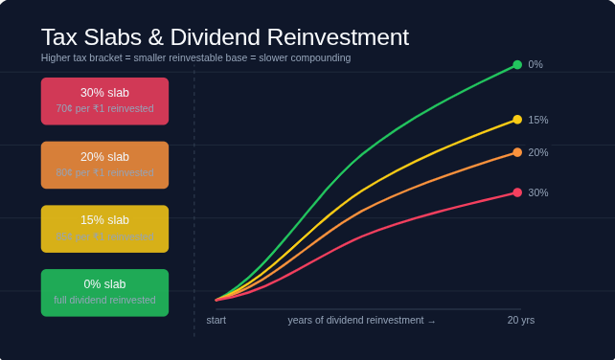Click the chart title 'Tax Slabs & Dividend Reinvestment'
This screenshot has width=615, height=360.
pos(224,37)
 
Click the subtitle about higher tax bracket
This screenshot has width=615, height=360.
pos(195,57)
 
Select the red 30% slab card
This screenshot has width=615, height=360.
pos(104,101)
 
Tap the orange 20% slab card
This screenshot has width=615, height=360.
pos(104,165)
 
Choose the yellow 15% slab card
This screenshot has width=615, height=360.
pos(104,229)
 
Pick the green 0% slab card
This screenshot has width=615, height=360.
pos(104,292)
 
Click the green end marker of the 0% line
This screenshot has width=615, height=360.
pos(517,65)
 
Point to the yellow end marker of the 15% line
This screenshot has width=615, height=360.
pos(517,120)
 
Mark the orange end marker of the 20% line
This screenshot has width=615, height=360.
pos(517,152)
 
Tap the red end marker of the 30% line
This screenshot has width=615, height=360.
pos(517,192)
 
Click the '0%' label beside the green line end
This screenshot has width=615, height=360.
pos(535,65)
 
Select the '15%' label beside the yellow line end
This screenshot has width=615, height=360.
pos(538,121)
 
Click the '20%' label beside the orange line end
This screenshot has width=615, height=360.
pos(538,153)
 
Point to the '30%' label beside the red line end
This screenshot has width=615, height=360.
pos(538,193)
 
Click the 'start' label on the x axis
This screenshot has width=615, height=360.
pos(216,320)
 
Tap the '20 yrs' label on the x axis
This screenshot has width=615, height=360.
pos(521,320)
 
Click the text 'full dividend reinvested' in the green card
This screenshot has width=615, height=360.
pos(104,300)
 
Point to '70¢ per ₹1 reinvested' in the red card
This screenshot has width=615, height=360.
pos(104,108)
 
